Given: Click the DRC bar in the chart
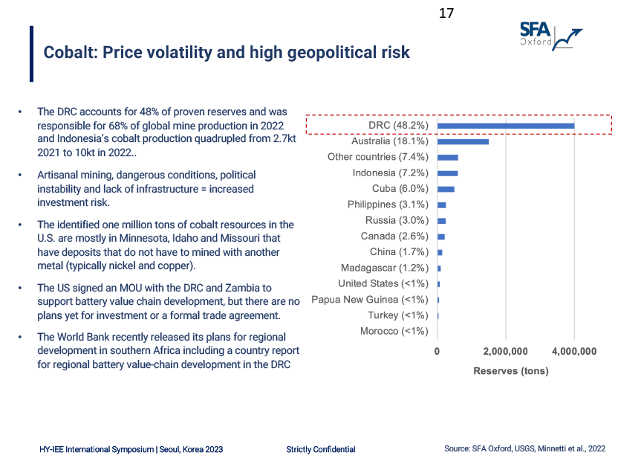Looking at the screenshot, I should click(x=505, y=125).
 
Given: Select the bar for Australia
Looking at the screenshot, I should click(x=462, y=141).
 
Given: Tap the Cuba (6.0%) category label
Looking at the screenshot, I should click(x=396, y=189).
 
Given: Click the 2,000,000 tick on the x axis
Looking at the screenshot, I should click(x=505, y=351).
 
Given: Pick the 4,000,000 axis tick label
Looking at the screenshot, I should click(x=573, y=351).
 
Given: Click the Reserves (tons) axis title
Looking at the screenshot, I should click(x=510, y=371).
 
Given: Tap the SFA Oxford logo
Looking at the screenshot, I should click(x=550, y=34).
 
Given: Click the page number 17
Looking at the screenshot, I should click(x=446, y=13).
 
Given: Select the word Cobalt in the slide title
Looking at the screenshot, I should click(x=68, y=53).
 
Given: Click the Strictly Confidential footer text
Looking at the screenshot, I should click(x=321, y=449).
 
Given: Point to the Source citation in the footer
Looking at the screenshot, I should click(x=524, y=449).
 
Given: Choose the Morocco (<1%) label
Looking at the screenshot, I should click(x=394, y=331).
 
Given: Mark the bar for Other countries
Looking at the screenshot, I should click(x=447, y=158).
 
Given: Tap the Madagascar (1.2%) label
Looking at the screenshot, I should click(x=385, y=268).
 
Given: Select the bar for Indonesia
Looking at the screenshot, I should click(x=447, y=173).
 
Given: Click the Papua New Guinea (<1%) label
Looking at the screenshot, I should click(x=370, y=300).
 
